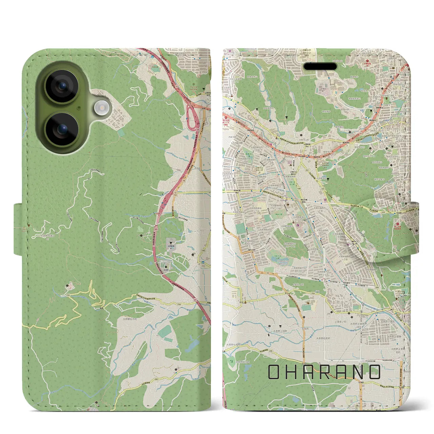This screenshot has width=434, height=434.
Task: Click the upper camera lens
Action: coord(62,86)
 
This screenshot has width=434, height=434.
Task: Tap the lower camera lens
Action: coord(62,129)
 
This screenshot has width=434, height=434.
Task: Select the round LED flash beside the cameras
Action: coord(100,108)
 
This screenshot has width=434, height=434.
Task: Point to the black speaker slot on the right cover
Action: coord(320,66)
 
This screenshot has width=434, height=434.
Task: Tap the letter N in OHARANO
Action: coord(357,372)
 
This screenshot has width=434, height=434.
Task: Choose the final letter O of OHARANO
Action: coord(374,372)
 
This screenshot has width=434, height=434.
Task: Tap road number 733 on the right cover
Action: coord(312,293)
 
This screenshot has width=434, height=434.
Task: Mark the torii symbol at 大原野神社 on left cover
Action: coord(171,242)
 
